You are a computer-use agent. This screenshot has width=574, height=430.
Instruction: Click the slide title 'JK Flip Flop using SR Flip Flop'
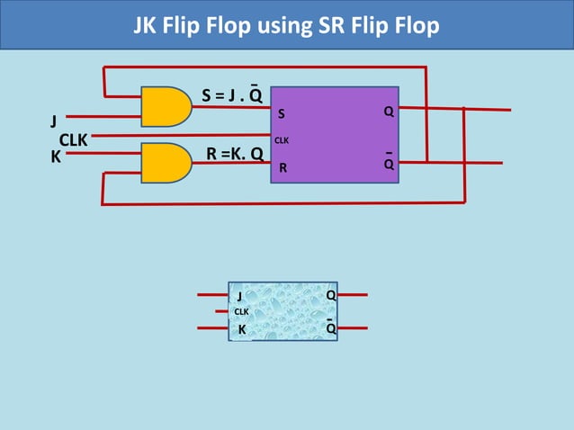[286, 25]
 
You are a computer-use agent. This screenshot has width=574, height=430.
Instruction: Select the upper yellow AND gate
[166, 105]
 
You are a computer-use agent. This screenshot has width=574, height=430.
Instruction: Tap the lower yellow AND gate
[166, 162]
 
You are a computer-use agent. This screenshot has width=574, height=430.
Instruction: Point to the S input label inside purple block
[282, 114]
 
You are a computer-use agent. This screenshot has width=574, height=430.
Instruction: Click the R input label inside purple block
[283, 167]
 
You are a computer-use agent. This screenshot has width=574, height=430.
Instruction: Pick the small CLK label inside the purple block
[282, 140]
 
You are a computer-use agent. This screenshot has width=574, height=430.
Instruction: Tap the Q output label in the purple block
[389, 112]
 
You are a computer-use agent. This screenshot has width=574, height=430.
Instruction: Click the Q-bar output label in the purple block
[389, 165]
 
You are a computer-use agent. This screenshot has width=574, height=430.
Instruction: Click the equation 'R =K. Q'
[235, 154]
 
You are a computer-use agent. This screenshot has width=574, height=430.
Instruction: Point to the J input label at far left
[53, 121]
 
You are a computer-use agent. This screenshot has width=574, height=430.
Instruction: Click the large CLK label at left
[73, 140]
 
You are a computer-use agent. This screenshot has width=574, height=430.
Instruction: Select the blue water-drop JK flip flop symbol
[283, 311]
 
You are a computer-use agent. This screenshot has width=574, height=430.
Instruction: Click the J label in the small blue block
[239, 296]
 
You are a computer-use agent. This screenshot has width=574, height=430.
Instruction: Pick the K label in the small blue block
[241, 329]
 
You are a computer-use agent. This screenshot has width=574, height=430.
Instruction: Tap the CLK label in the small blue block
[241, 312]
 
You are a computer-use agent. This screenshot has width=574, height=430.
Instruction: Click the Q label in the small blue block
[330, 295]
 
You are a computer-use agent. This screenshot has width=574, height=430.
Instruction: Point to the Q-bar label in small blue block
[330, 328]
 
